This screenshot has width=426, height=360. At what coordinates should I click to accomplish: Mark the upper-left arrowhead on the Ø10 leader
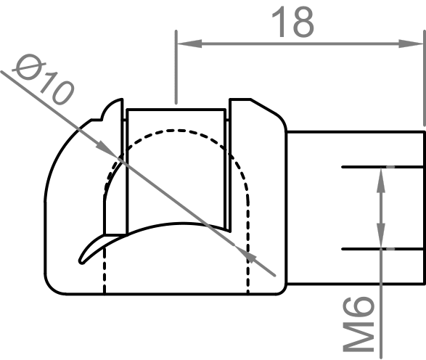107,150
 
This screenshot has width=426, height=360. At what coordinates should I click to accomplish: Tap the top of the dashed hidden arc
177,131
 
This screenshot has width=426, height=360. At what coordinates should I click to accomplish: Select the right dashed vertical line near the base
249,272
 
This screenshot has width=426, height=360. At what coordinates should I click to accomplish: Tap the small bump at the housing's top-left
112,110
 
